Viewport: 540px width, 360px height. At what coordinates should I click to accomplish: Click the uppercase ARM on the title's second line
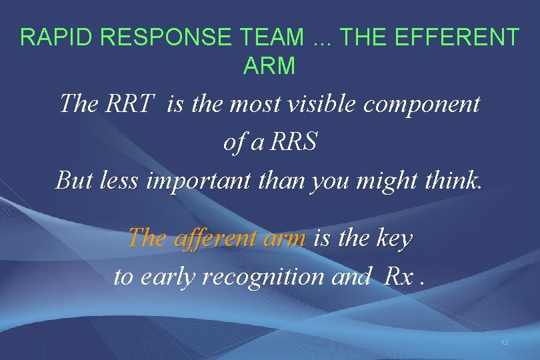269,66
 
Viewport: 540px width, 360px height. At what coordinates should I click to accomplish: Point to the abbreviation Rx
399,276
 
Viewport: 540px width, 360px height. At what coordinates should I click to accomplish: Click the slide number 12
504,342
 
